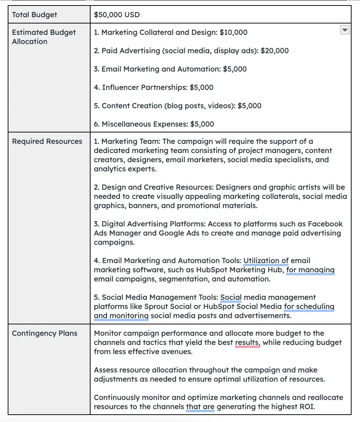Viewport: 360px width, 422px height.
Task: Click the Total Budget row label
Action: point(34,15)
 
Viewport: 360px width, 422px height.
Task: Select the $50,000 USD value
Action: point(117,15)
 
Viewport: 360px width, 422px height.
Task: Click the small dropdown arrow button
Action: point(345,30)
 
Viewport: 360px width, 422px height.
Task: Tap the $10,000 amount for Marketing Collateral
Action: point(234,32)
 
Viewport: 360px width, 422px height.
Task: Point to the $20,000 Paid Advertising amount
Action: point(275,51)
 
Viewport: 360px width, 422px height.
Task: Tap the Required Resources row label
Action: point(47,141)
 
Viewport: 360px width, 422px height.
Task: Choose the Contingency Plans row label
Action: point(44,333)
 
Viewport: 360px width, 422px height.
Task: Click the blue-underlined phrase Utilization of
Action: point(266,261)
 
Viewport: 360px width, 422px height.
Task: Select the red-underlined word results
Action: point(247,342)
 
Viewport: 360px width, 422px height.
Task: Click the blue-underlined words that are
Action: point(200,407)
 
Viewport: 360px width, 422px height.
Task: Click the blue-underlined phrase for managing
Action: point(310,270)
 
